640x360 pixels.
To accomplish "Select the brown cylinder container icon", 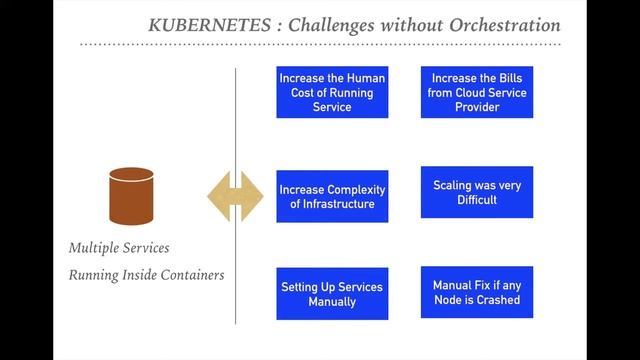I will pyautogui.click(x=132, y=196).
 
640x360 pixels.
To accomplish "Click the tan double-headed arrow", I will pyautogui.click(x=235, y=195).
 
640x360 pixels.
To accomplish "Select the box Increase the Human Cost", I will pyautogui.click(x=332, y=92).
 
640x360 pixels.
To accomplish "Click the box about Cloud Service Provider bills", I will pyautogui.click(x=477, y=92).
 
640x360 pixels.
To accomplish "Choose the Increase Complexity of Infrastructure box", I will pyautogui.click(x=332, y=196).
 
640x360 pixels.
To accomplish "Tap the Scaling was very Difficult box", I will pyautogui.click(x=477, y=192).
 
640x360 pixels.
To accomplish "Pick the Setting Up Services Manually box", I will pyautogui.click(x=332, y=293).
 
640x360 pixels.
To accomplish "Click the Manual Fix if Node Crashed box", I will pyautogui.click(x=477, y=292).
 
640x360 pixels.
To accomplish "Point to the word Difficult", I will pyautogui.click(x=477, y=200).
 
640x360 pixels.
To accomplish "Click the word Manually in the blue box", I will pyautogui.click(x=332, y=301).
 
